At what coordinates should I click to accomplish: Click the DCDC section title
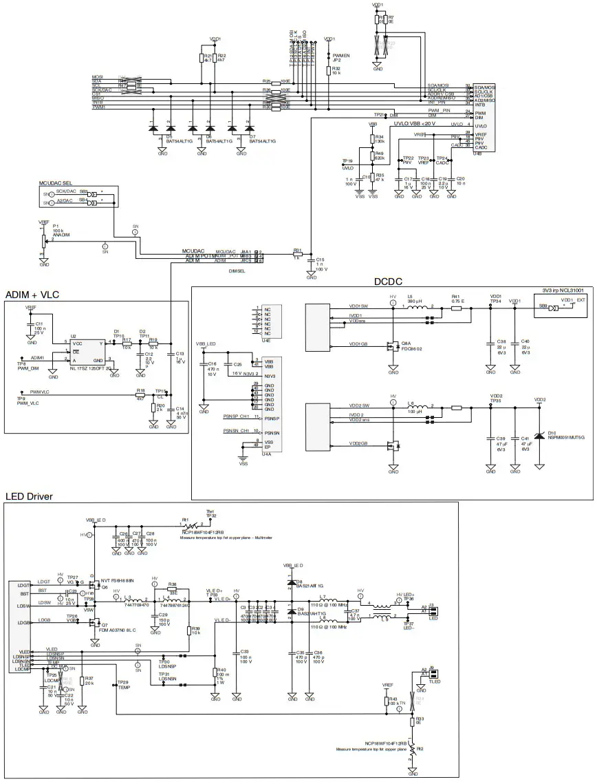(387, 281)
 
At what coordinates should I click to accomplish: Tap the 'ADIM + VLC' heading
(32, 295)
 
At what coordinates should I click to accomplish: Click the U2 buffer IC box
(88, 350)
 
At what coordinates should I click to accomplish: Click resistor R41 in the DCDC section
(456, 308)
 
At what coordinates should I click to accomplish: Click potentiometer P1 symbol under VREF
(45, 240)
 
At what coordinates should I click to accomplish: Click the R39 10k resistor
(188, 630)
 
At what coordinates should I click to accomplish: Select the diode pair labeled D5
(161, 128)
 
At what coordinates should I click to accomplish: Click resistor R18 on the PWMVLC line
(140, 394)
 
